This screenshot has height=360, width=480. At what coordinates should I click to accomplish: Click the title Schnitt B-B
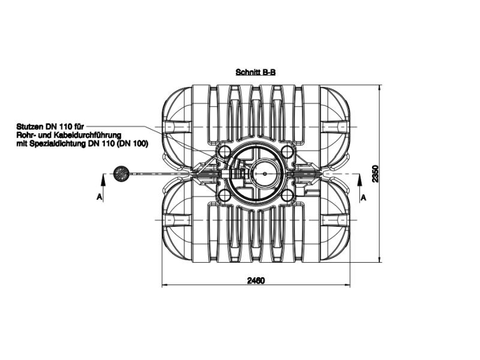pyautogui.click(x=256, y=72)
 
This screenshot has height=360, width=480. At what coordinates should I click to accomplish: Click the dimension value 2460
pyautogui.click(x=256, y=280)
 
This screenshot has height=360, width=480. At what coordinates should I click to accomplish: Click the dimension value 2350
pyautogui.click(x=376, y=173)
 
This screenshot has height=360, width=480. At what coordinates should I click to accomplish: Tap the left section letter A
pyautogui.click(x=99, y=197)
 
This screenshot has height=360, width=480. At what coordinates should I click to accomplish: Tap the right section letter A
pyautogui.click(x=363, y=198)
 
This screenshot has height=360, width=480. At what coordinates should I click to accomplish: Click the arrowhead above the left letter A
pyautogui.click(x=103, y=181)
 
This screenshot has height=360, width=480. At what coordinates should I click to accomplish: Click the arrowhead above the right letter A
pyautogui.click(x=359, y=181)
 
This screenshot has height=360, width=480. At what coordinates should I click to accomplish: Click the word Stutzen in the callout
pyautogui.click(x=31, y=127)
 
